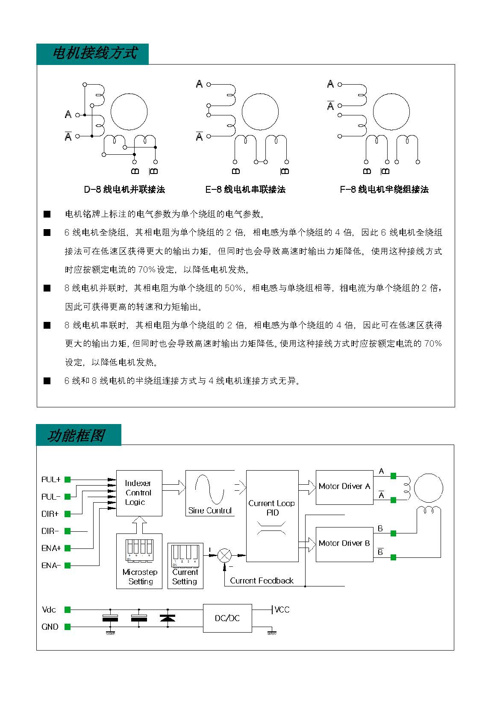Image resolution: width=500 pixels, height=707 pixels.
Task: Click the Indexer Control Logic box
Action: pos(139,493)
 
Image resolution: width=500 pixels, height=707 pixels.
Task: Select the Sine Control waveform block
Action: pos(210,493)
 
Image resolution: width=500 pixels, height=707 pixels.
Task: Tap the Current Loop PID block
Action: pos(272,516)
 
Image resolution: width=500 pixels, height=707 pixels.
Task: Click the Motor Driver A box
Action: pos(344,487)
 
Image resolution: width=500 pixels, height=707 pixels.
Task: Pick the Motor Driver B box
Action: pos(344,545)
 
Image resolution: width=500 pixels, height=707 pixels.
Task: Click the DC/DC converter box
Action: pos(227,618)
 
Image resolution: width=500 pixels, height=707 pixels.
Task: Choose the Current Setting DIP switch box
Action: pos(185,566)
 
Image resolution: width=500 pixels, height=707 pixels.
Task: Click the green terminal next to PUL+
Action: pos(67,480)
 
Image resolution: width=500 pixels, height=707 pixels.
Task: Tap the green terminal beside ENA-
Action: pos(67,565)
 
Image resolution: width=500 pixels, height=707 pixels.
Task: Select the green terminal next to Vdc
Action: pos(67,610)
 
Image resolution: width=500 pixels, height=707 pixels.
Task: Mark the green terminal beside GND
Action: pos(67,627)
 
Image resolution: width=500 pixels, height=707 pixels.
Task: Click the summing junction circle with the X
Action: pos(224,556)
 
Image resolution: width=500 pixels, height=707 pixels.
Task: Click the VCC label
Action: pos(282,610)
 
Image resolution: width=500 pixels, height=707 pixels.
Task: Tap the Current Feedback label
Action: pos(262,580)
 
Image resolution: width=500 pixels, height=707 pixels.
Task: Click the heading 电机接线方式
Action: pos(94,53)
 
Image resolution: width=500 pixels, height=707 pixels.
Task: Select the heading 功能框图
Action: pos(76,436)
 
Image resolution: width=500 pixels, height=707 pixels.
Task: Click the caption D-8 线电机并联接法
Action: pos(124,189)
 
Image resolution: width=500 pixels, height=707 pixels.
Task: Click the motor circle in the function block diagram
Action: pos(428,488)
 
